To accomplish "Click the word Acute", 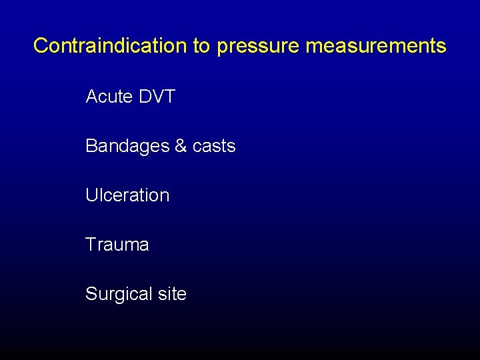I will (x=109, y=97).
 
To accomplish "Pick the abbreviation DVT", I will (x=157, y=97).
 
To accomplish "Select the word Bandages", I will (x=127, y=146).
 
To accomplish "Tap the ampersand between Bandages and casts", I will (x=180, y=146).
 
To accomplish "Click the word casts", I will (x=214, y=146).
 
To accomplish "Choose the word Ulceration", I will (x=127, y=195).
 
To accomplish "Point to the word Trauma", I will (x=117, y=245).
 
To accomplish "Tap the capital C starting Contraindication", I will (x=41, y=45).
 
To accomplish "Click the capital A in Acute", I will (x=92, y=97).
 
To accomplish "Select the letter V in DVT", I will (x=157, y=97).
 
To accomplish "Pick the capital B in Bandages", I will (x=91, y=146).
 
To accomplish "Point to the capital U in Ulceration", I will (x=91, y=195).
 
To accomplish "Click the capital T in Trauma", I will (x=91, y=245).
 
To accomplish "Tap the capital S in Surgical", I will (x=91, y=294).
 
